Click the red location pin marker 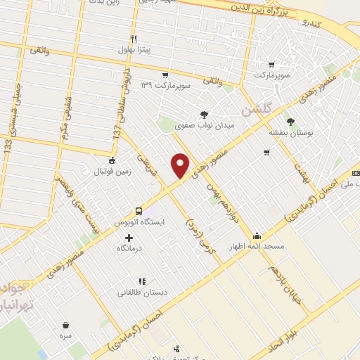181,165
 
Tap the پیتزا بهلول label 132,53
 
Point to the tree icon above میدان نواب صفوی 205,114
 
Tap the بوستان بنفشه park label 289,132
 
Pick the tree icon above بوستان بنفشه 290,122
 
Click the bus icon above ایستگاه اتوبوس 139,210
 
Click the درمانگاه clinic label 133,249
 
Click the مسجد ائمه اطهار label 255,247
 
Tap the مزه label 67,337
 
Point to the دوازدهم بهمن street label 223,197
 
